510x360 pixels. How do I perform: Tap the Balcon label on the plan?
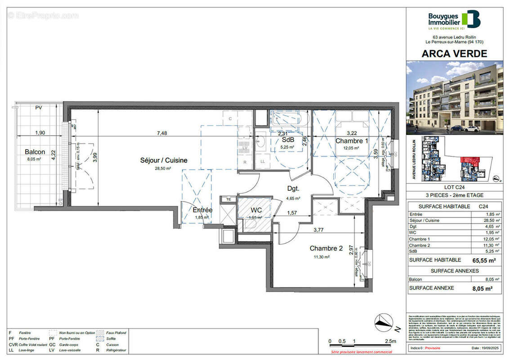click(x=35, y=152)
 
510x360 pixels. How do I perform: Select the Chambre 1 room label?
click(x=352, y=141)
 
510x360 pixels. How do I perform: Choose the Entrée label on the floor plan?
click(x=202, y=210)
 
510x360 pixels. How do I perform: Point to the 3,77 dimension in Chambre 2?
click(x=321, y=230)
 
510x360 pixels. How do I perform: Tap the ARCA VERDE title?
click(x=454, y=54)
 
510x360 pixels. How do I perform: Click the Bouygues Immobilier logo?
click(x=454, y=20)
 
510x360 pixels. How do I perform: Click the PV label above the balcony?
click(x=39, y=108)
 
